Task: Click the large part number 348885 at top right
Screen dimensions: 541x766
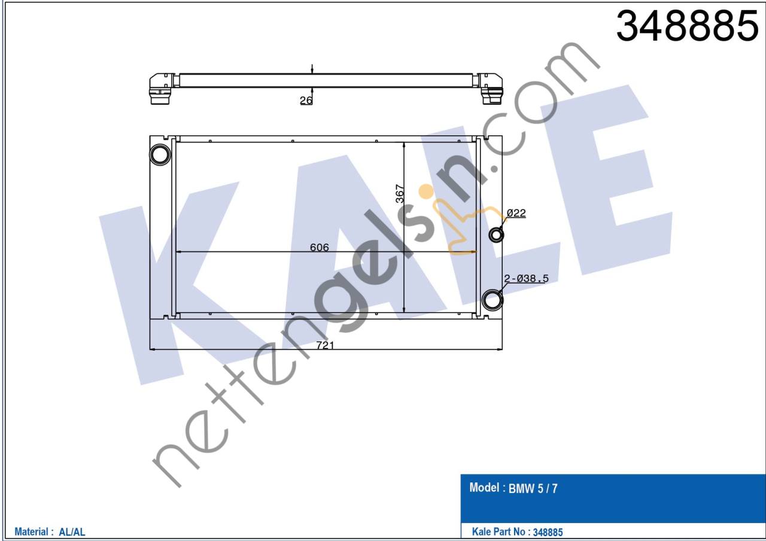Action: [x=687, y=27]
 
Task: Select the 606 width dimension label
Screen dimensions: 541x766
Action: [x=319, y=247]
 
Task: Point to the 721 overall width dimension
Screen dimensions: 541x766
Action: [x=325, y=345]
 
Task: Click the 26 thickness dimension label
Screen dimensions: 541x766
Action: [x=306, y=101]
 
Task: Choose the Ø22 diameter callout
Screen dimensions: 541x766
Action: [x=516, y=213]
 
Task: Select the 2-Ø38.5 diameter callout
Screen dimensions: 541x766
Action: [x=527, y=278]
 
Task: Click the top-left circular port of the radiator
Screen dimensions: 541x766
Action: [x=160, y=154]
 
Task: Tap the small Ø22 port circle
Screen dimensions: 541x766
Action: [x=496, y=235]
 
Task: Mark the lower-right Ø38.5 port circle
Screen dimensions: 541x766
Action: [x=493, y=299]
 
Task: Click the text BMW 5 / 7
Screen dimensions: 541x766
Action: [x=533, y=489]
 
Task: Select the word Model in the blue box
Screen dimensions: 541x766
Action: [x=484, y=488]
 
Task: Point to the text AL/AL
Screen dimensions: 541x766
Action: [x=72, y=531]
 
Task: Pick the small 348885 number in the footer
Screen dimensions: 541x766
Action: [x=548, y=531]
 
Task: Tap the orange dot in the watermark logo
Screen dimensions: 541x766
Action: [x=426, y=192]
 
